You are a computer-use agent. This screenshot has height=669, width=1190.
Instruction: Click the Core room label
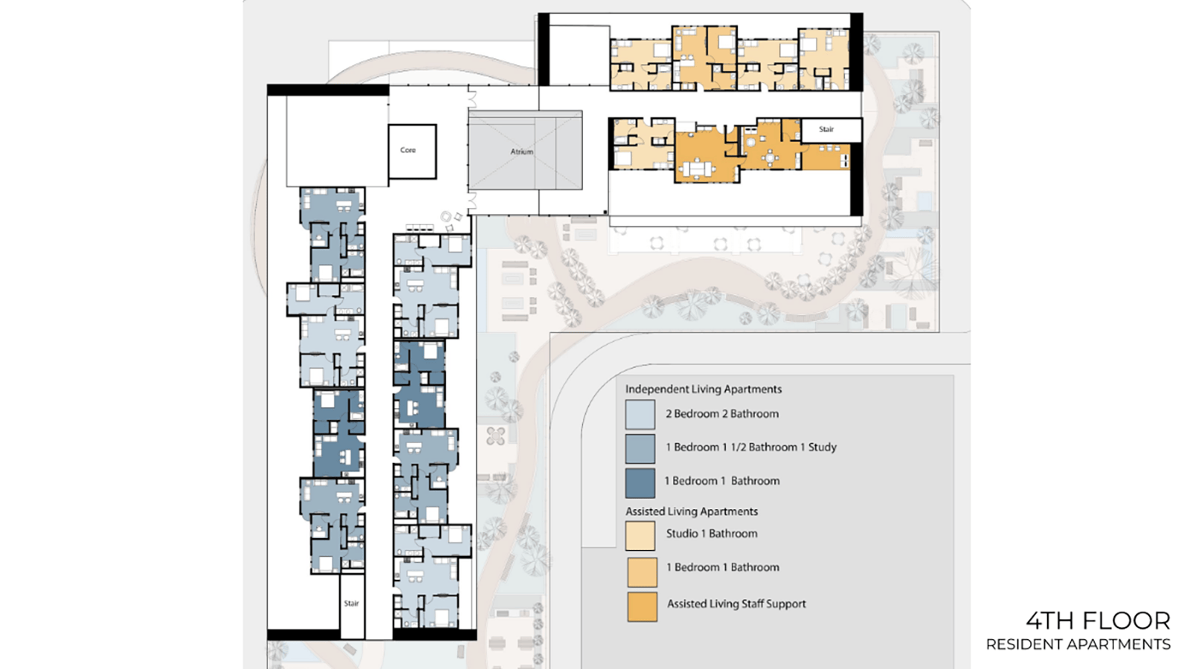tap(408, 150)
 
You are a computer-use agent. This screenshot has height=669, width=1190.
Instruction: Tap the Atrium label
tap(521, 152)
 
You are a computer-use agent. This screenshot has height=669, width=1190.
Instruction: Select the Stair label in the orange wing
tap(826, 129)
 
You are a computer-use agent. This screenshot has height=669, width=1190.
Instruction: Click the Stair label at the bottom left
tap(351, 604)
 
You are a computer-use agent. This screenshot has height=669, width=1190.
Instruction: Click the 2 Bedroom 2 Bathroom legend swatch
tap(640, 414)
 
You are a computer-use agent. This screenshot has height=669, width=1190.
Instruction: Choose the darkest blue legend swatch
tap(640, 482)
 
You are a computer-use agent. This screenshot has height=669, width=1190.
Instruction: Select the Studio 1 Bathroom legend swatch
tap(640, 536)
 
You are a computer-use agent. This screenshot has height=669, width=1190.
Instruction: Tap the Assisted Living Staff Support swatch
tap(642, 607)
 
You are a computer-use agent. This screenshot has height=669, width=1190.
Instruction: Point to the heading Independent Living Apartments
tap(704, 390)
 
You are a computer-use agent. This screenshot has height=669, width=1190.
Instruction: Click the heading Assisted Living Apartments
tap(691, 511)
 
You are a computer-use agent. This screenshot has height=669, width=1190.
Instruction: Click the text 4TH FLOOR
tap(1098, 621)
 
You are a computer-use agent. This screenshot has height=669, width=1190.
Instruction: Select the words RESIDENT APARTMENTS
tap(1078, 644)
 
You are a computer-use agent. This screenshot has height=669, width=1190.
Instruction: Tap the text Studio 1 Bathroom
tap(712, 534)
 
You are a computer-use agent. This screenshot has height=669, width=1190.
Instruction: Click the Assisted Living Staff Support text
tap(736, 604)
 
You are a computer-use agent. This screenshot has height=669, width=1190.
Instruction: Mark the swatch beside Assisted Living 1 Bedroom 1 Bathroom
tap(642, 572)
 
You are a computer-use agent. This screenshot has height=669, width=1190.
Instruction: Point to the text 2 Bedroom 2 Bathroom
tap(722, 414)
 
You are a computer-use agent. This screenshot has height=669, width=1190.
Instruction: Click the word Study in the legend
tap(823, 447)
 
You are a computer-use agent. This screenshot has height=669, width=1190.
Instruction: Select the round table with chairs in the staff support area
tap(769, 158)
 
